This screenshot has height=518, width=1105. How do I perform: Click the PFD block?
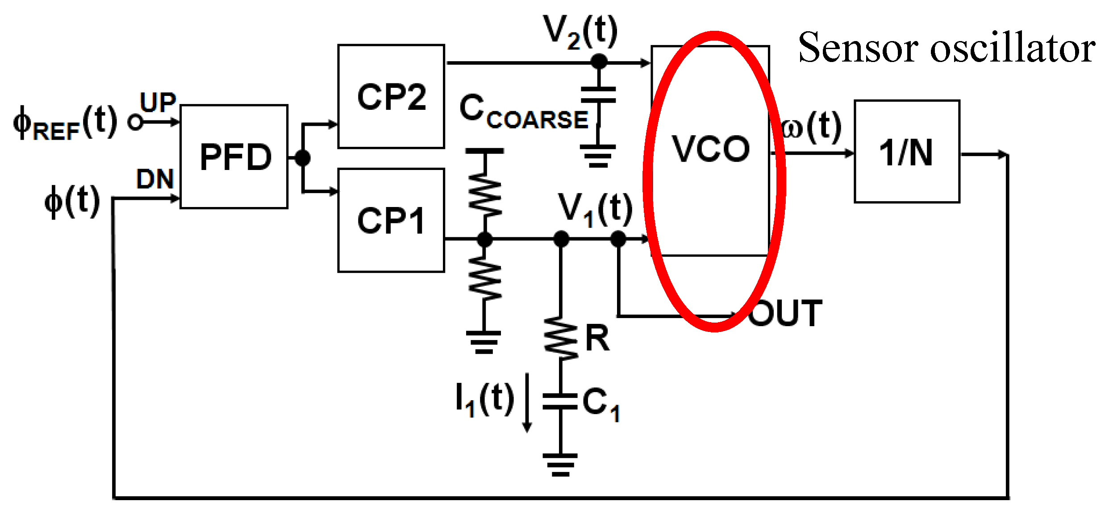pyautogui.click(x=234, y=157)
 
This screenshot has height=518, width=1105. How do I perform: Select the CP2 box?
pyautogui.click(x=391, y=96)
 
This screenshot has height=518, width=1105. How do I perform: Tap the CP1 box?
pyautogui.click(x=391, y=220)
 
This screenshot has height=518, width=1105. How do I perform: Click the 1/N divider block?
pyautogui.click(x=907, y=152)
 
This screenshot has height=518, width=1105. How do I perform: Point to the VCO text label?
pyautogui.click(x=711, y=149)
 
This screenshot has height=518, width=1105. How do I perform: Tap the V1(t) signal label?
pyautogui.click(x=595, y=209)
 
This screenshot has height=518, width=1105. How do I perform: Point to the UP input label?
pyautogui.click(x=158, y=102)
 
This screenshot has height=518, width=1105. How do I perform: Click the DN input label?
pyautogui.click(x=155, y=179)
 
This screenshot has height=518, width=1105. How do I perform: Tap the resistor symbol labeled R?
pyautogui.click(x=561, y=338)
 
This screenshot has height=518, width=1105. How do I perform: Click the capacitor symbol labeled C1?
pyautogui.click(x=560, y=401)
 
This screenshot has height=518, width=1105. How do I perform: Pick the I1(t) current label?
pyautogui.click(x=484, y=399)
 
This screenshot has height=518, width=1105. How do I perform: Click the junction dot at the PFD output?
pyautogui.click(x=303, y=158)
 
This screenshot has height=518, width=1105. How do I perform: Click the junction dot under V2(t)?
pyautogui.click(x=599, y=62)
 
